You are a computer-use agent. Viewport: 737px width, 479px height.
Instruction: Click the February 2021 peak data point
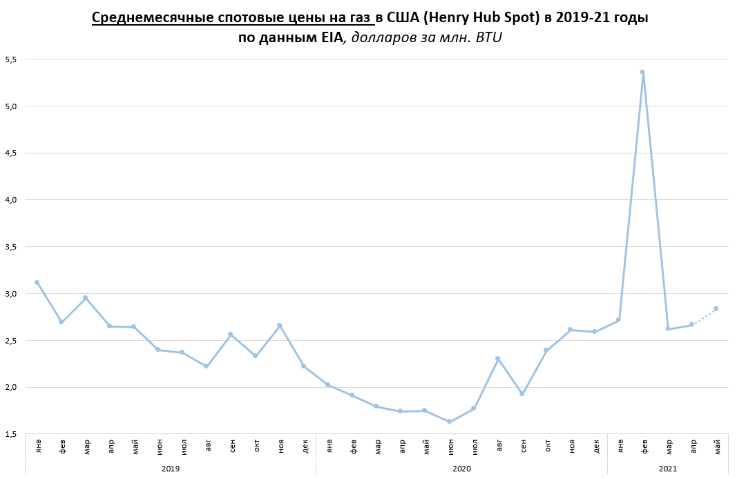click(642, 72)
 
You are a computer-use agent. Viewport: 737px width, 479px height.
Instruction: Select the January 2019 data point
click(37, 282)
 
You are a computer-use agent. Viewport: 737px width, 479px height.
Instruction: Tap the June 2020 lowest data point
click(449, 422)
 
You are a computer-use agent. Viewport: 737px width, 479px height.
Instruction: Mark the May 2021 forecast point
click(716, 308)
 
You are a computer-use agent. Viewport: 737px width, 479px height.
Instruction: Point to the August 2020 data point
click(497, 358)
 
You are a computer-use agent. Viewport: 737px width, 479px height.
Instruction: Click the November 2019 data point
click(279, 325)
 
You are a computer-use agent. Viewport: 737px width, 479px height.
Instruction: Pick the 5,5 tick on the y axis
click(10, 59)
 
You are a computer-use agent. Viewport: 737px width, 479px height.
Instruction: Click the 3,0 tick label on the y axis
click(10, 293)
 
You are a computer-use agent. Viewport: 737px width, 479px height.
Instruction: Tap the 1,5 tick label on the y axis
click(10, 434)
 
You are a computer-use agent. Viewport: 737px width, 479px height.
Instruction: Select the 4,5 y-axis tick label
click(10, 153)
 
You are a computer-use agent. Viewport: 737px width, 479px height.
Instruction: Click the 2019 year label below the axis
click(170, 469)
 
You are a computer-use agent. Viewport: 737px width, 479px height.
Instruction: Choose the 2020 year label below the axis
click(461, 469)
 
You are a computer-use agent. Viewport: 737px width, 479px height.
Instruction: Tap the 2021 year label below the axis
click(667, 469)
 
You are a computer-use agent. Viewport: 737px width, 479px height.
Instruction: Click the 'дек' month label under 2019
click(305, 447)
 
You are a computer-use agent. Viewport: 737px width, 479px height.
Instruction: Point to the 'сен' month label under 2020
click(523, 447)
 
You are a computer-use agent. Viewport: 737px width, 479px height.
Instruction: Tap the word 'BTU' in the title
click(488, 38)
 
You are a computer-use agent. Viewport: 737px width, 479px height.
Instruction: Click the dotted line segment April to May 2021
click(704, 316)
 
